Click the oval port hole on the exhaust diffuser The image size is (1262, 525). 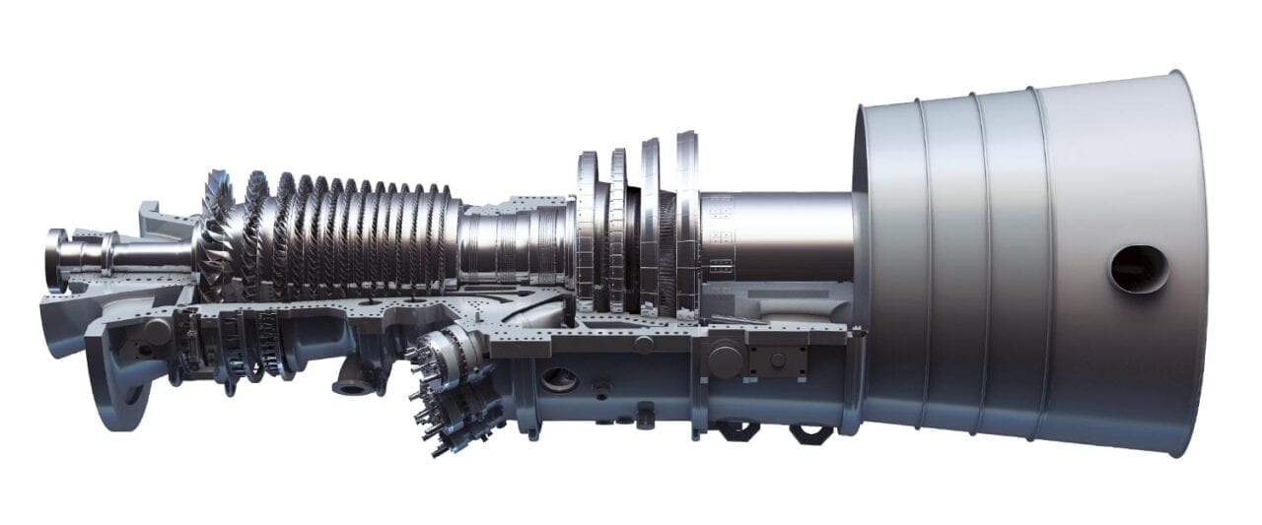point(1138,268)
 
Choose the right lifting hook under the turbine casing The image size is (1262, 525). point(808,433)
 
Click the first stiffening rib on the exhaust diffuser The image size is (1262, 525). point(923,266)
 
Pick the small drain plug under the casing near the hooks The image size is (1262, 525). point(645,409)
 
